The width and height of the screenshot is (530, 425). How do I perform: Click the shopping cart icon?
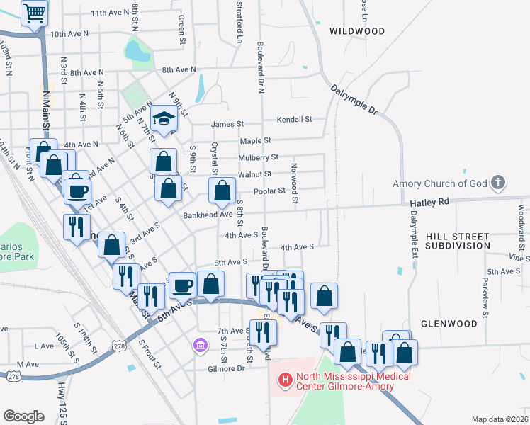(x=34, y=13)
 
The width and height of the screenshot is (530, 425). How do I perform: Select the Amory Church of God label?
(x=440, y=183)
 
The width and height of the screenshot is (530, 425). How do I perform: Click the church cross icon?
(x=498, y=183)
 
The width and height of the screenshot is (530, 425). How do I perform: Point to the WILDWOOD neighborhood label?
(x=357, y=31)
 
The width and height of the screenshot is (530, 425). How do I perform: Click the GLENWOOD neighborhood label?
(x=449, y=323)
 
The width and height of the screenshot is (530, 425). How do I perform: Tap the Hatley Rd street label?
(x=429, y=202)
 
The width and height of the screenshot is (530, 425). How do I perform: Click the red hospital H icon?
(x=286, y=381)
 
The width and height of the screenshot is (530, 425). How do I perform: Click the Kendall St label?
(x=294, y=119)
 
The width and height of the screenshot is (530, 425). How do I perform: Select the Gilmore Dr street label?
(x=225, y=368)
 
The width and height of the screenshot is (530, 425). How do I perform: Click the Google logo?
(x=24, y=416)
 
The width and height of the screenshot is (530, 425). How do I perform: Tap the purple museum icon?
(x=200, y=346)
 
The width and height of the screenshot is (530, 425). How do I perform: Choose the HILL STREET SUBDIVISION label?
(x=458, y=240)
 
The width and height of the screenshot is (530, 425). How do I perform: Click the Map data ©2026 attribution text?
(x=498, y=419)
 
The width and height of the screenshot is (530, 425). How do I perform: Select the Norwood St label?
(x=293, y=183)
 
